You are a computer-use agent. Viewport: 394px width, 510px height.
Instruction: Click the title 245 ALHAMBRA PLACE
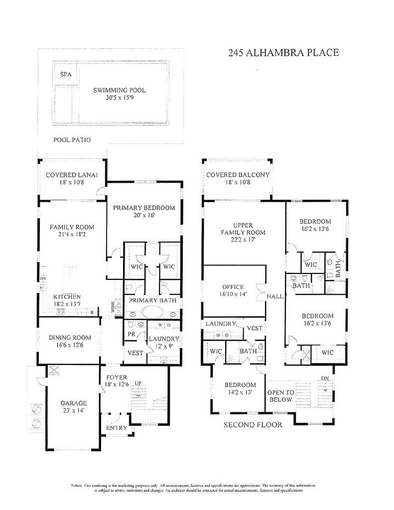tap(283, 53)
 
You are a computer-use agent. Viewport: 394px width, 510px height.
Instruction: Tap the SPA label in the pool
tap(66, 74)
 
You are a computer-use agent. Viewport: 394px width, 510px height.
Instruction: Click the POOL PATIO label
tap(72, 140)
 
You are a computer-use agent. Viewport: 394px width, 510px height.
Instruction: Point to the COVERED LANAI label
tap(72, 175)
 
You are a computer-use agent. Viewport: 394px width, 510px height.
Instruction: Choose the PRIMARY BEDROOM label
tap(143, 208)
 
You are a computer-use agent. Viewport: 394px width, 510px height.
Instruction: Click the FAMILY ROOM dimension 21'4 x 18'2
tap(72, 235)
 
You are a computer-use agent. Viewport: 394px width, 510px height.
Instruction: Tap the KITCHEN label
tap(68, 296)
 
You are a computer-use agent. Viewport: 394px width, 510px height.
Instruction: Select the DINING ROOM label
tap(70, 338)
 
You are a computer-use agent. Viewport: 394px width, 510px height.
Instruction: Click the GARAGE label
tap(74, 403)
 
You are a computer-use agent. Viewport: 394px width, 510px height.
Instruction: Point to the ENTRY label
tap(117, 428)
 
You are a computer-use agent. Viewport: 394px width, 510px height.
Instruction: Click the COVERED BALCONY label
tap(238, 175)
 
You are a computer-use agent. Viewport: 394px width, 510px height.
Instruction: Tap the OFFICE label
tap(233, 287)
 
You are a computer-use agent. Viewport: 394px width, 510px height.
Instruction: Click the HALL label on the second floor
tap(275, 296)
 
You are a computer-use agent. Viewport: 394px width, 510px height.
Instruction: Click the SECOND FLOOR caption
tap(253, 425)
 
